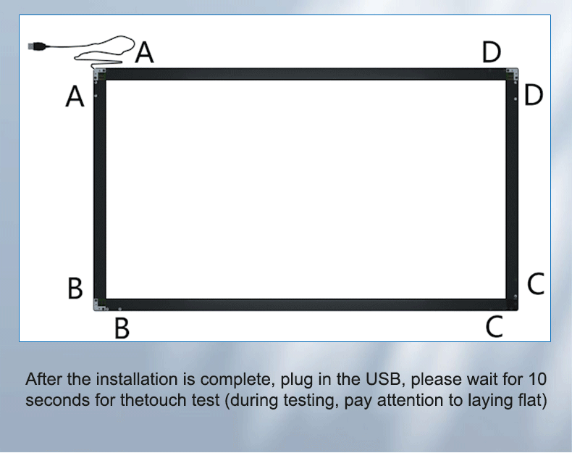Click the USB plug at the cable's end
37,46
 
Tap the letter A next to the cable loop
145,52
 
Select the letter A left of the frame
75,96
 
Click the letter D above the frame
492,52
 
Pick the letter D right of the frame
534,95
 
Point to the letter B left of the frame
75,288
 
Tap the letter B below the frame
122,328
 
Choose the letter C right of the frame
536,283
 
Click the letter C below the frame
495,326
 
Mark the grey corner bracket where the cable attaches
100,75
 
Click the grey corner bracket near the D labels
512,74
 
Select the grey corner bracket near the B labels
100,304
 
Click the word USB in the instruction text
384,379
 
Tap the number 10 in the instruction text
537,379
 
